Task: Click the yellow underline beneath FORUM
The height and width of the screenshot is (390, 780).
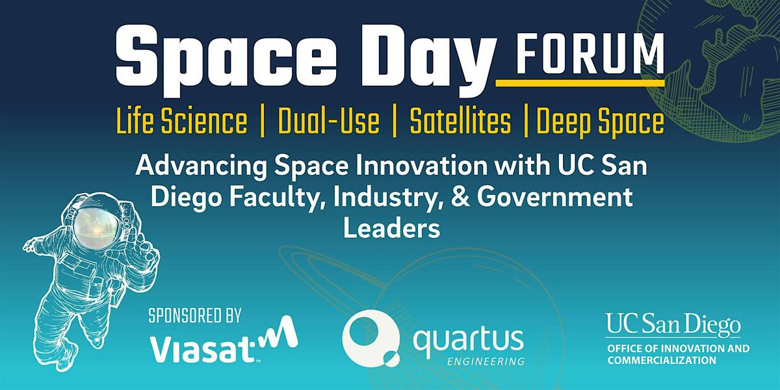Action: coord(580,83)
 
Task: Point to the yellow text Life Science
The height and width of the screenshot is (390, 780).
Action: coord(182,122)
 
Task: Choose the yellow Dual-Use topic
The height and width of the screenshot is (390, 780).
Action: coord(328,122)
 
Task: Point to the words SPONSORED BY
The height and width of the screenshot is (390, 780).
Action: coord(195,317)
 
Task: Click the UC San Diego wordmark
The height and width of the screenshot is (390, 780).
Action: coord(672,325)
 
